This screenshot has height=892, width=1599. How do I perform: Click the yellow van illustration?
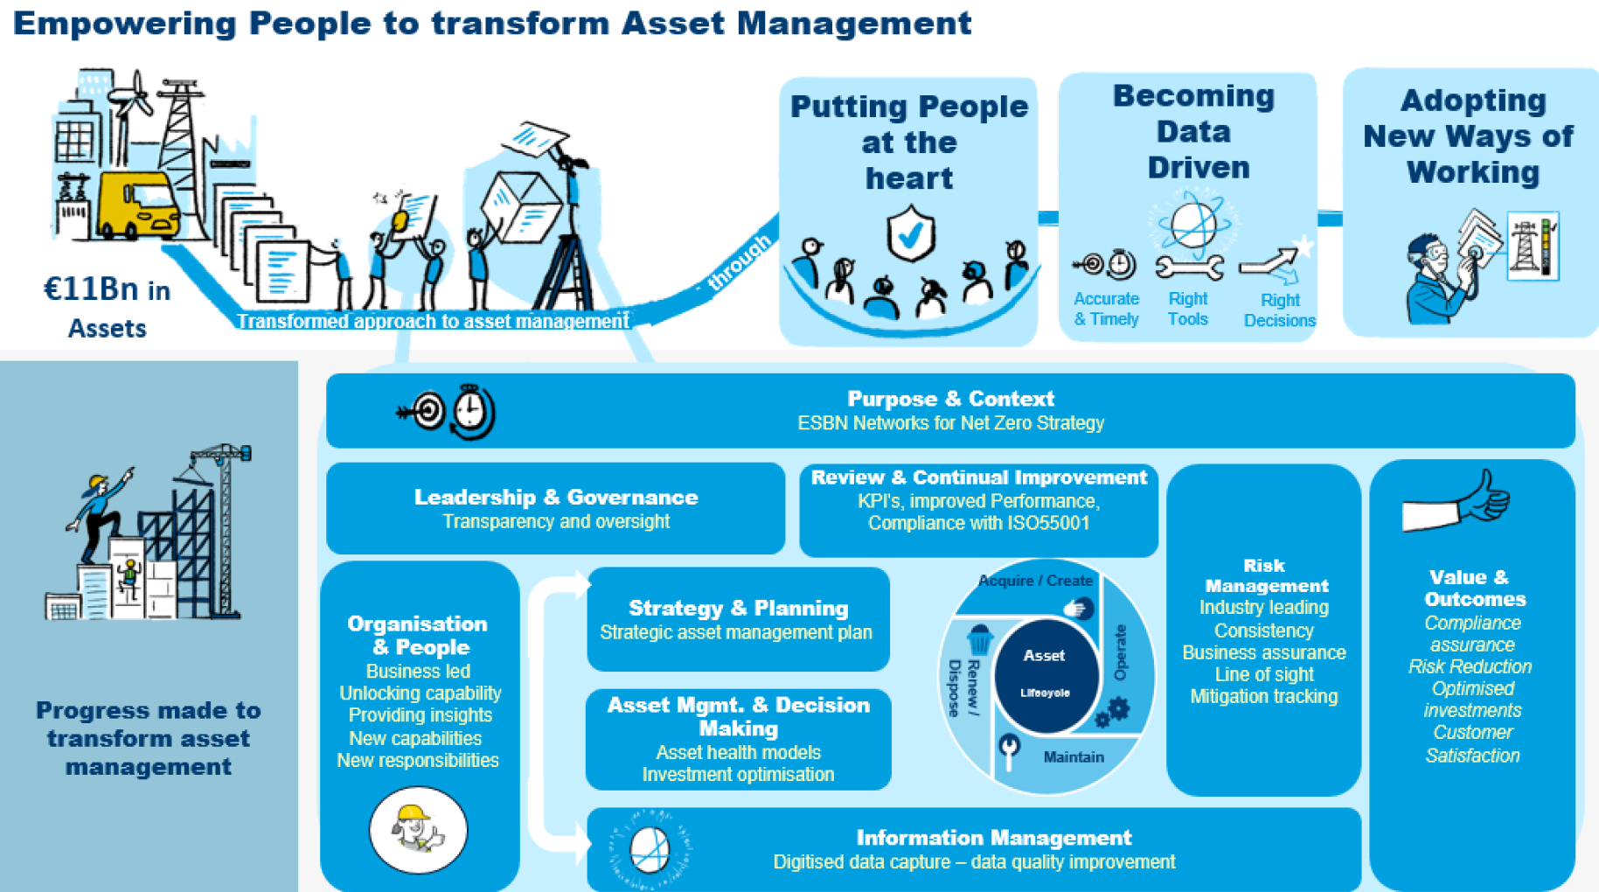(x=140, y=205)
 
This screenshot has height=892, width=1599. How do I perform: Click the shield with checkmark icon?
(x=910, y=233)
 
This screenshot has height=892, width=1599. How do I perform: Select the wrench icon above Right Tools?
(x=1189, y=266)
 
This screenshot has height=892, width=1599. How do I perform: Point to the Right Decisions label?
(x=1279, y=310)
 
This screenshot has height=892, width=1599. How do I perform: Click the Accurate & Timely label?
(x=1106, y=309)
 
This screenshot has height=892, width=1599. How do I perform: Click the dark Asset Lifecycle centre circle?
(x=1045, y=673)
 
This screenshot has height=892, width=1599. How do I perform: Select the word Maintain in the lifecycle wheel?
(x=1073, y=756)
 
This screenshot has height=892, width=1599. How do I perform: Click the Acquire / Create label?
(x=1035, y=581)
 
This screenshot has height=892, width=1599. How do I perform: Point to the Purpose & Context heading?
(x=950, y=399)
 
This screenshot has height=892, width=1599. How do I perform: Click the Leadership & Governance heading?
(x=556, y=498)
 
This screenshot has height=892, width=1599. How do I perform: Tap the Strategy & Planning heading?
(x=738, y=608)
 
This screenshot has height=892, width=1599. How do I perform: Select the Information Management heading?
(x=993, y=838)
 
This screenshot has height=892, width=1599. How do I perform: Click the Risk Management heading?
(x=1265, y=575)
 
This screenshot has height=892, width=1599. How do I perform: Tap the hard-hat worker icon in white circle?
(x=419, y=829)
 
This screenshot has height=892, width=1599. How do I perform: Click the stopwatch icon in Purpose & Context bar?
(x=472, y=409)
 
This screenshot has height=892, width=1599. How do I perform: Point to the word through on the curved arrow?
(x=740, y=261)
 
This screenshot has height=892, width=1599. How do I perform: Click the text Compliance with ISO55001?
(x=978, y=523)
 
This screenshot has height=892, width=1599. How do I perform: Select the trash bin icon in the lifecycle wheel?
(x=980, y=639)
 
